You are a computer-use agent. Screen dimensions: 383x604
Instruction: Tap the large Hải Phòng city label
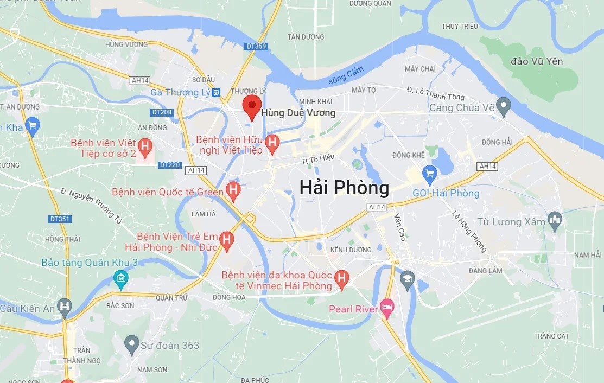pos(344,188)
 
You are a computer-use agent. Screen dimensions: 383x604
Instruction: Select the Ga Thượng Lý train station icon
pos(216,93)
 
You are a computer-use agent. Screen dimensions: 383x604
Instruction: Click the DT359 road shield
pos(256,47)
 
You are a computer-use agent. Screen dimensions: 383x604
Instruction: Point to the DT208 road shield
pos(162,112)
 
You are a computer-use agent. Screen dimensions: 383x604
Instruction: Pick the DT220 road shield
pos(169,165)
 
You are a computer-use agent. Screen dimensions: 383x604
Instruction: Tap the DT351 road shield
pos(60,219)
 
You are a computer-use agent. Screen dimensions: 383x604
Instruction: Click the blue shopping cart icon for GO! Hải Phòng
pos(430,174)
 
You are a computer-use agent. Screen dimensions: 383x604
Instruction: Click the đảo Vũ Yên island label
pos(537,61)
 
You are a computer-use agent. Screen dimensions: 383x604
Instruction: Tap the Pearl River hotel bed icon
pos(387,308)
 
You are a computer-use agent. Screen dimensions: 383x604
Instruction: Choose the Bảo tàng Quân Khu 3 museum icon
pos(120,280)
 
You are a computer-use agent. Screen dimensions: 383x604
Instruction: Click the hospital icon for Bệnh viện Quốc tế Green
pos(233,190)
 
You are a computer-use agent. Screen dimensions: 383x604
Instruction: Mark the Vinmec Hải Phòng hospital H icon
pos(341,278)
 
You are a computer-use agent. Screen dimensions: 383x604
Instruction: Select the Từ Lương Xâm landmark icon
pos(555,220)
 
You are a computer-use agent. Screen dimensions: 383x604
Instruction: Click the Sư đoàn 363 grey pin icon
pos(131,343)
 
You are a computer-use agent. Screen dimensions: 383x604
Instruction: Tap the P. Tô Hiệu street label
pos(319,158)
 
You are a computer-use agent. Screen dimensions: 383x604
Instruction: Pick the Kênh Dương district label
pos(351,250)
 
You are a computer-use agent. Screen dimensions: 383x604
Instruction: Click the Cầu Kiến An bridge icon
pos(65,306)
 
